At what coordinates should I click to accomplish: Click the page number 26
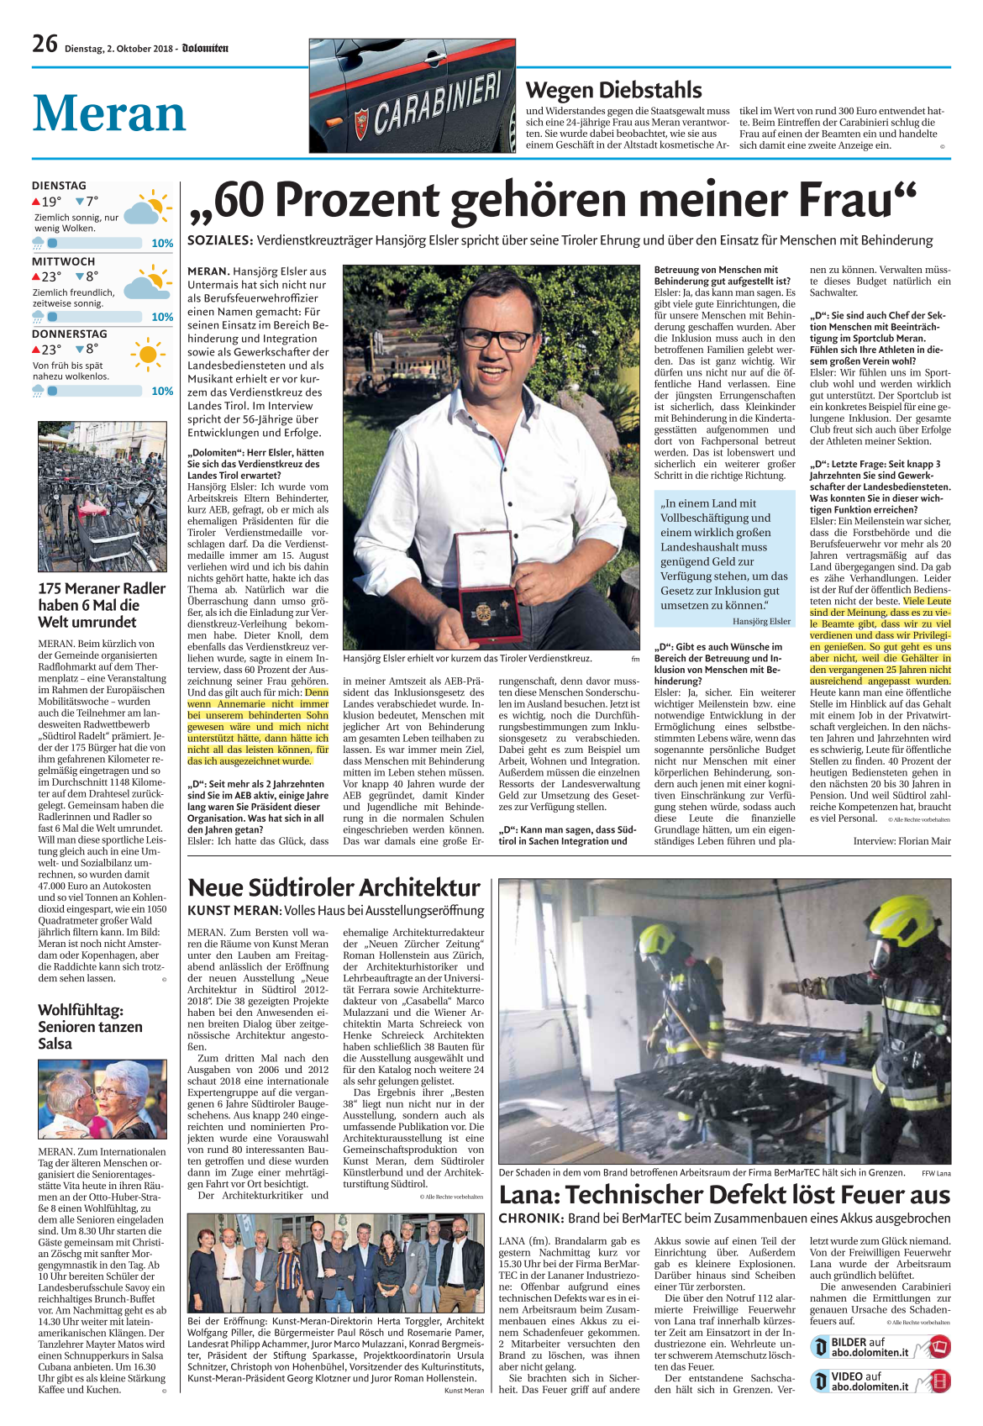45,44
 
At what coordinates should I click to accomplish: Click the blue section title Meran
109,113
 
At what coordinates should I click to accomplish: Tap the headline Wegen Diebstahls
613,90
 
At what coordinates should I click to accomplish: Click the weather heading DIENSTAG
59,186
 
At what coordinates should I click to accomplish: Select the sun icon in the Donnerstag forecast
148,354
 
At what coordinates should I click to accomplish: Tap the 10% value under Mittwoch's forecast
162,317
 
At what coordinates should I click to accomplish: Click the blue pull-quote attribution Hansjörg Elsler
761,621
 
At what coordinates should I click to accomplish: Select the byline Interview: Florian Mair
902,841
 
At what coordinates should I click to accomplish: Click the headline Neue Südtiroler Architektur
334,887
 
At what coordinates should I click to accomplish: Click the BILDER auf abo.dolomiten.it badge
880,1347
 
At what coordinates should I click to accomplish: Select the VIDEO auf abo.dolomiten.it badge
880,1381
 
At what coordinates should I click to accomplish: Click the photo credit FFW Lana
936,1173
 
